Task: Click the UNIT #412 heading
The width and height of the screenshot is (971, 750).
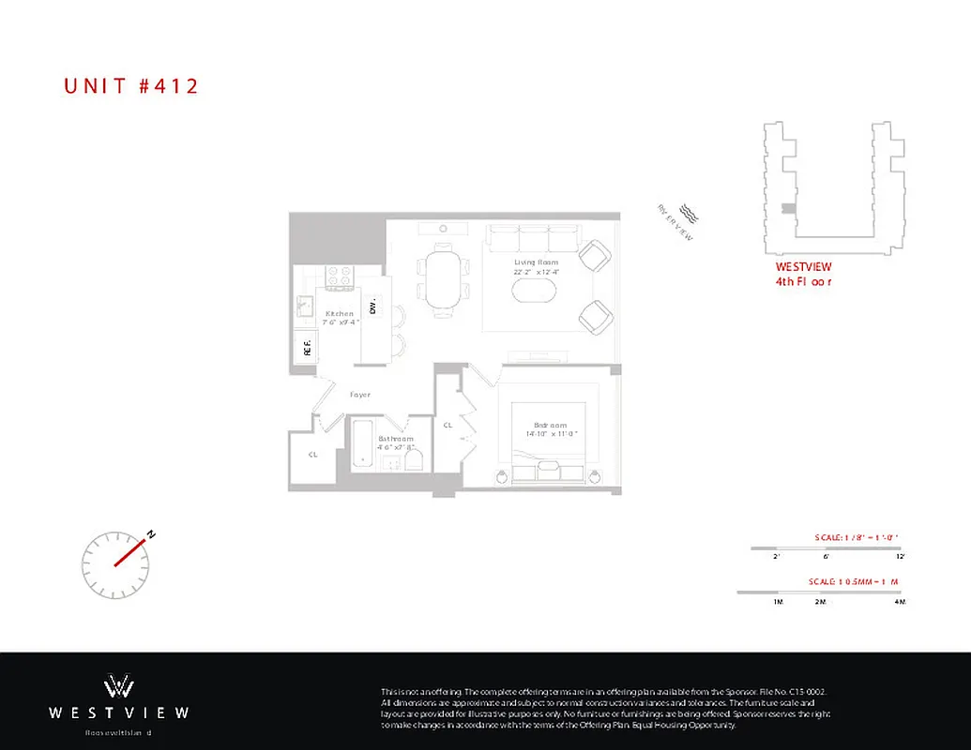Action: tap(131, 86)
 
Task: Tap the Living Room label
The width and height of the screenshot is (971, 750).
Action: tap(536, 262)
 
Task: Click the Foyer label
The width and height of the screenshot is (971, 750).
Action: tap(360, 395)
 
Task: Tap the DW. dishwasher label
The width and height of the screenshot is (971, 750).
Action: tap(372, 307)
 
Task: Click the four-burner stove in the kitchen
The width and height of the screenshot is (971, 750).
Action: tap(339, 277)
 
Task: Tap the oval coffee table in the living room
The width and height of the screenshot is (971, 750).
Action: tap(534, 289)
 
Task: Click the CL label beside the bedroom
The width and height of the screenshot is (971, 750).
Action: tap(448, 425)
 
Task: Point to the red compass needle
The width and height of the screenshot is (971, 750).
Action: tap(132, 551)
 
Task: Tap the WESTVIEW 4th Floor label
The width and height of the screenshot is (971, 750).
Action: tap(797, 274)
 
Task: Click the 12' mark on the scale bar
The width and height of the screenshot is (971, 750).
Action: tap(900, 557)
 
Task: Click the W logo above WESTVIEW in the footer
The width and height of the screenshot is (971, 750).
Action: tap(118, 685)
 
